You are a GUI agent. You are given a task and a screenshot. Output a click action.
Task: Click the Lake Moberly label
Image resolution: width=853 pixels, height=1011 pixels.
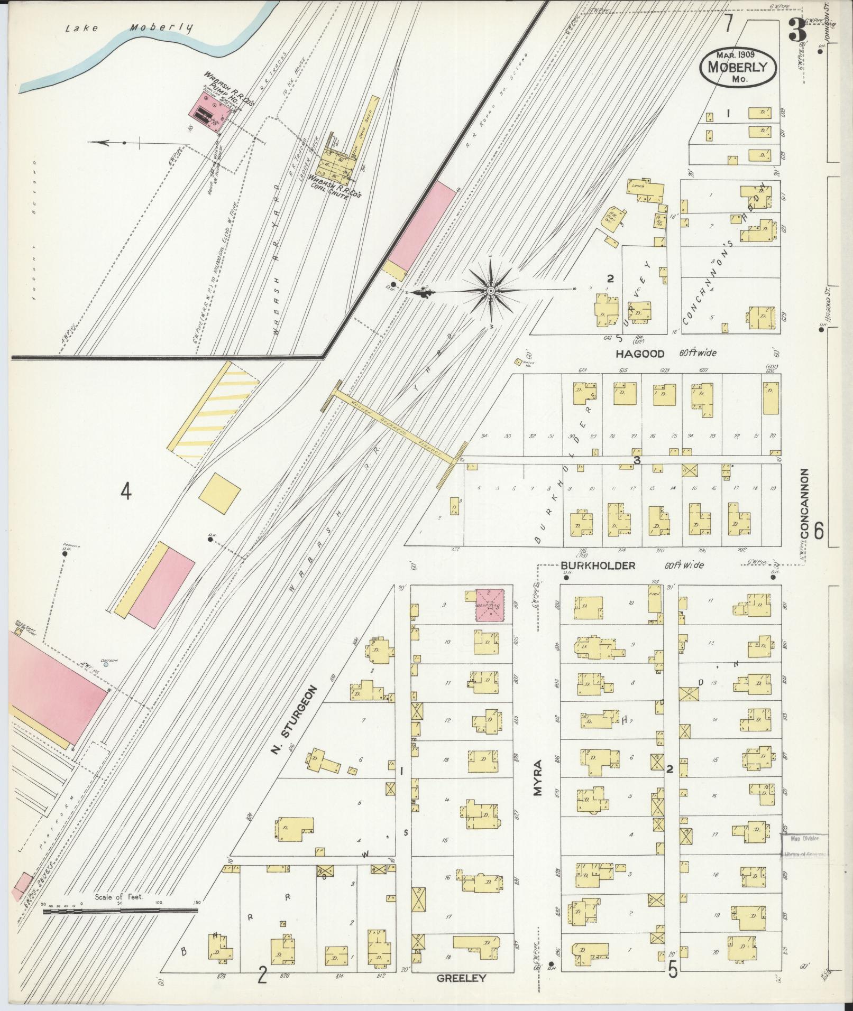tap(129, 29)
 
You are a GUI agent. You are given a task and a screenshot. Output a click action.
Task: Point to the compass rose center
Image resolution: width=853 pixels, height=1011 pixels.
tap(491, 291)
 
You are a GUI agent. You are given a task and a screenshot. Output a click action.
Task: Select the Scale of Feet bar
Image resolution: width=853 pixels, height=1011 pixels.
tap(120, 911)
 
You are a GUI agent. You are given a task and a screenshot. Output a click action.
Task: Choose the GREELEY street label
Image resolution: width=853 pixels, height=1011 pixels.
tap(461, 979)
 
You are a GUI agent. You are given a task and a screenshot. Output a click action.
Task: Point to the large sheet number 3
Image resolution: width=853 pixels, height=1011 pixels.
tap(797, 31)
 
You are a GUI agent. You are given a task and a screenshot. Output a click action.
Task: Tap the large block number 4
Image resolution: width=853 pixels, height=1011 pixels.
tap(125, 491)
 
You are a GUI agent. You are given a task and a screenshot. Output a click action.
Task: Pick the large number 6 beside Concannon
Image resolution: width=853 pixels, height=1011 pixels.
tap(819, 531)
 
